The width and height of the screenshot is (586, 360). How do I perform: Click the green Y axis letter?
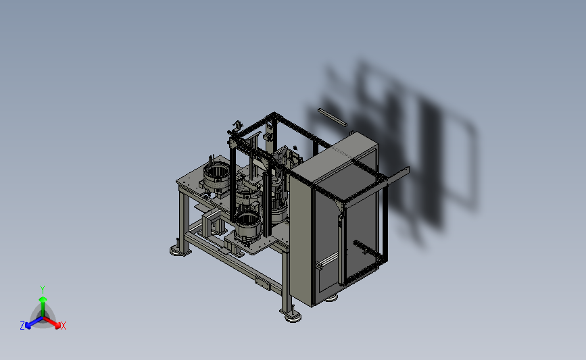(42, 290)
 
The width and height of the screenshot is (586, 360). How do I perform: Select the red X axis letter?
(63, 326)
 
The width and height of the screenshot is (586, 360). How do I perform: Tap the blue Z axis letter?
(22, 326)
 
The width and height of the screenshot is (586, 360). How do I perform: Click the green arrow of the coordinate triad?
(43, 306)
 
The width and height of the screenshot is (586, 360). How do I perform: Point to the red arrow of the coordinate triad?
(51, 323)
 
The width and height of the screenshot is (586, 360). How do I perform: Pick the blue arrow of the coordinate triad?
(34, 323)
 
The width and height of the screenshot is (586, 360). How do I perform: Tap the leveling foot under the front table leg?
(293, 317)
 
